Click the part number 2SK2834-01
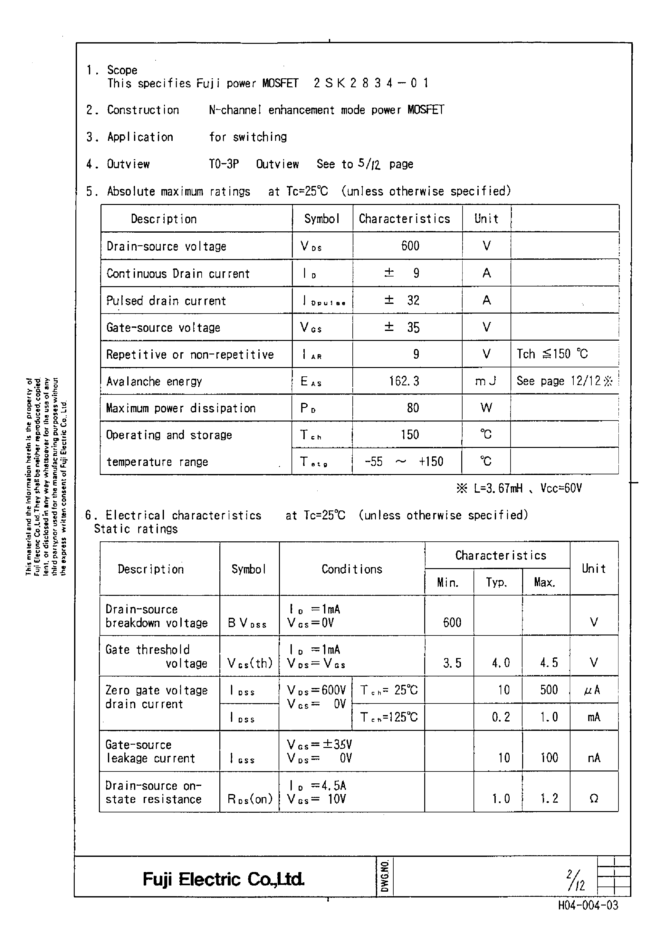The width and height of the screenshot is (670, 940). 371,83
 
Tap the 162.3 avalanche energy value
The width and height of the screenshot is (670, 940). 404,381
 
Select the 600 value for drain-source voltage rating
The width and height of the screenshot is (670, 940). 410,246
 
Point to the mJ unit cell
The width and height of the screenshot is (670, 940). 485,381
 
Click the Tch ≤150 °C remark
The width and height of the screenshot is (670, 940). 552,354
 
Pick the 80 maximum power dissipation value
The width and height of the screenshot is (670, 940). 413,408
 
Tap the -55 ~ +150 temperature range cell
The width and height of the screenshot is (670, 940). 404,461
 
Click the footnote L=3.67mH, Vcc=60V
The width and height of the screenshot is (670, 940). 519,489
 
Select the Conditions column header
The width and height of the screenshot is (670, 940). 351,569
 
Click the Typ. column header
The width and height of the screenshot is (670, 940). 496,582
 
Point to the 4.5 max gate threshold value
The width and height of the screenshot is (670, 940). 549,663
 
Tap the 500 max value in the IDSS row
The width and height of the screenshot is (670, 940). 549,690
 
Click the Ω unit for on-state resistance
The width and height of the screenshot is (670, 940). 594,799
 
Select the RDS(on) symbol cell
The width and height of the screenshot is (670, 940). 250,799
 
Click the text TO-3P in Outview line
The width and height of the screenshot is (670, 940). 224,164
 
